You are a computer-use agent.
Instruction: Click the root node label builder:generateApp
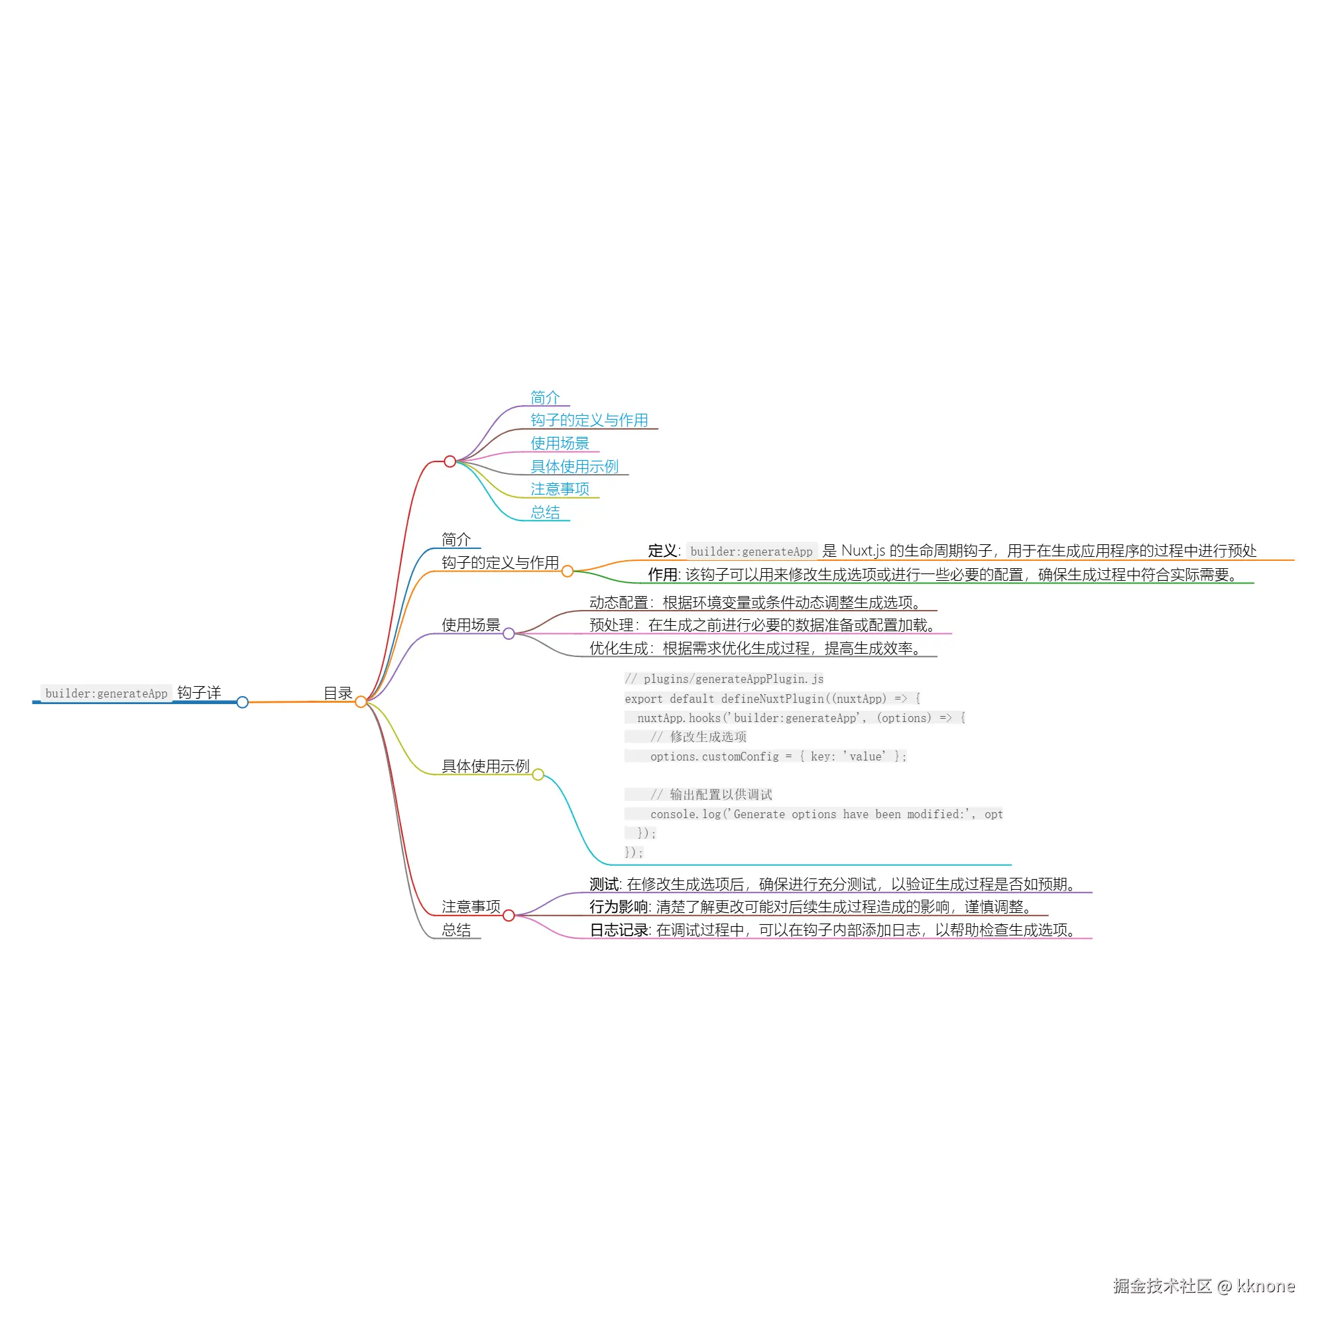click(106, 693)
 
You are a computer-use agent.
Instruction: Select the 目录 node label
click(337, 693)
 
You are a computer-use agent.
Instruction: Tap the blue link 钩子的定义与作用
click(589, 420)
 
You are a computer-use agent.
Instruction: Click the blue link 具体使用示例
click(574, 467)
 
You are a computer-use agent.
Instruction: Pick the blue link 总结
click(545, 512)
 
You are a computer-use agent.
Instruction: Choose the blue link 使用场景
click(560, 444)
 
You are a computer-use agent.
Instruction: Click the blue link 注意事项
click(560, 489)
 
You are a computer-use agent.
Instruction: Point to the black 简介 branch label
click(455, 540)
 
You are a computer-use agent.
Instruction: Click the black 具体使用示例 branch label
click(485, 766)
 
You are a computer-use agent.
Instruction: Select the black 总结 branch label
click(455, 930)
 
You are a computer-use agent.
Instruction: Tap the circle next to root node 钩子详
click(242, 702)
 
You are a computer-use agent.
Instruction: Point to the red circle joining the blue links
click(450, 461)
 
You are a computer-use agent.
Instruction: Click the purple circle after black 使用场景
click(509, 633)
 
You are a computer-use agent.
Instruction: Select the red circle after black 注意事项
click(509, 916)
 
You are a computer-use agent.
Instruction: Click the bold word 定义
click(662, 551)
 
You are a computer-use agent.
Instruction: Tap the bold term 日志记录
click(619, 930)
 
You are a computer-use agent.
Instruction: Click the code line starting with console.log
click(826, 814)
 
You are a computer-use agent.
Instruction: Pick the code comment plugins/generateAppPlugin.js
click(724, 679)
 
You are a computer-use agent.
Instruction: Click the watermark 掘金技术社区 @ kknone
click(1204, 1286)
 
